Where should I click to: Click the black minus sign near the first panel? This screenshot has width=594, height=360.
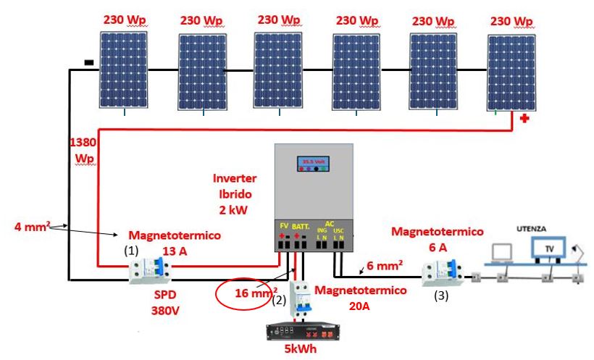point(88,63)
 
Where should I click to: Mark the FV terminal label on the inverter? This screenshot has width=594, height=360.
point(284,227)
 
